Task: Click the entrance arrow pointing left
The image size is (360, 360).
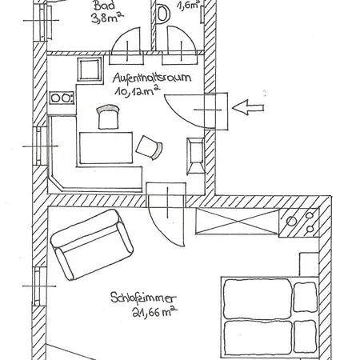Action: (248, 107)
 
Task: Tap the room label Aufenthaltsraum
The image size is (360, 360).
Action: (152, 78)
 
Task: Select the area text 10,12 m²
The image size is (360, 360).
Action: (138, 90)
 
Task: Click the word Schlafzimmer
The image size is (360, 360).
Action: (143, 298)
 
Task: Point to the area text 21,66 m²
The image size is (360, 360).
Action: (154, 311)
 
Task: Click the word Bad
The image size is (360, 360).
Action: (104, 6)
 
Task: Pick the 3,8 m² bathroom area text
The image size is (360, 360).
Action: (107, 18)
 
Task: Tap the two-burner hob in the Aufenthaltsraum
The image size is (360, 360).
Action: (62, 98)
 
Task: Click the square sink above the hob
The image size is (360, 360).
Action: (90, 69)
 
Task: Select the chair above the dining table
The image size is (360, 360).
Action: (108, 117)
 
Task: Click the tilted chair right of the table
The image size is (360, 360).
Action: (150, 148)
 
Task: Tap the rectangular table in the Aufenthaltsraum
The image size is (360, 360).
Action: (106, 148)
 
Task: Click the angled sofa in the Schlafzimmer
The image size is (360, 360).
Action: (92, 245)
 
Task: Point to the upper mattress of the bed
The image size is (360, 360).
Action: (258, 298)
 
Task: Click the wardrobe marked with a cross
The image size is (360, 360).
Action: (238, 222)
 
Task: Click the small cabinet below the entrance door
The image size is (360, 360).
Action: (196, 156)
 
